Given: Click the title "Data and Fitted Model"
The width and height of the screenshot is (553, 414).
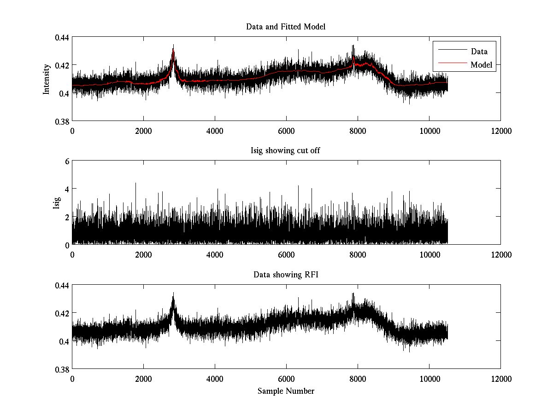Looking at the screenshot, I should [x=286, y=27].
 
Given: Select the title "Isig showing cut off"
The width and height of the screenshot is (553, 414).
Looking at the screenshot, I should [x=286, y=151].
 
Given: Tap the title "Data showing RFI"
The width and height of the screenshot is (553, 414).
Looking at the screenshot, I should [x=286, y=275].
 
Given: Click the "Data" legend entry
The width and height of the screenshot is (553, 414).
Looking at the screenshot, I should [x=479, y=52].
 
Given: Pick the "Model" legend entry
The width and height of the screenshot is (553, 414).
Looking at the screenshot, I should [x=481, y=65].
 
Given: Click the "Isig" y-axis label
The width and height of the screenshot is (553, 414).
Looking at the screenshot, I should [x=57, y=203].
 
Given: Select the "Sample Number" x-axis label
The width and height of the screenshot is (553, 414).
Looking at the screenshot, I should [x=286, y=391].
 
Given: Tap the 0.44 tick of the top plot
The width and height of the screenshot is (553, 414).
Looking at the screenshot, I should [x=62, y=37].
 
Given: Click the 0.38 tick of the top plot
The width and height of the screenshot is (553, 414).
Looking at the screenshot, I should [x=62, y=121].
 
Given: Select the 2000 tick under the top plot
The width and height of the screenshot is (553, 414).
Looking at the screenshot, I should [x=143, y=131].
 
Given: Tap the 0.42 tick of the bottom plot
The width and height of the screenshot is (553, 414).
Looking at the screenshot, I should [x=62, y=313].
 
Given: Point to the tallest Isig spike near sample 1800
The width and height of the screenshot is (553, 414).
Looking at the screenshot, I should [x=135, y=184].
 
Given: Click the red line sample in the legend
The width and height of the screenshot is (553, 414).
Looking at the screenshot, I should [x=451, y=65].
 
